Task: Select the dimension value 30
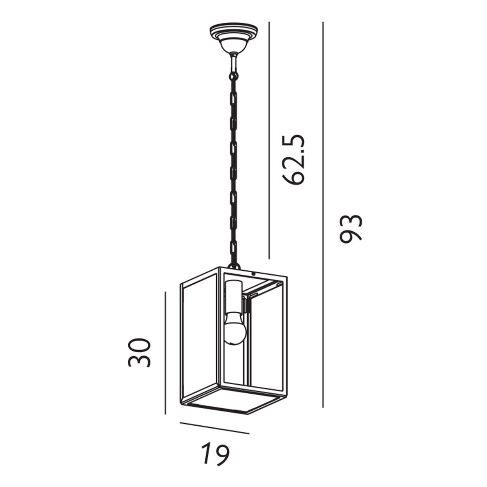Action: point(140,352)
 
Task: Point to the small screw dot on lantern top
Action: point(254,274)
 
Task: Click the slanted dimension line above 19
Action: point(214,428)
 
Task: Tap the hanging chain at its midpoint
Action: point(233,166)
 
